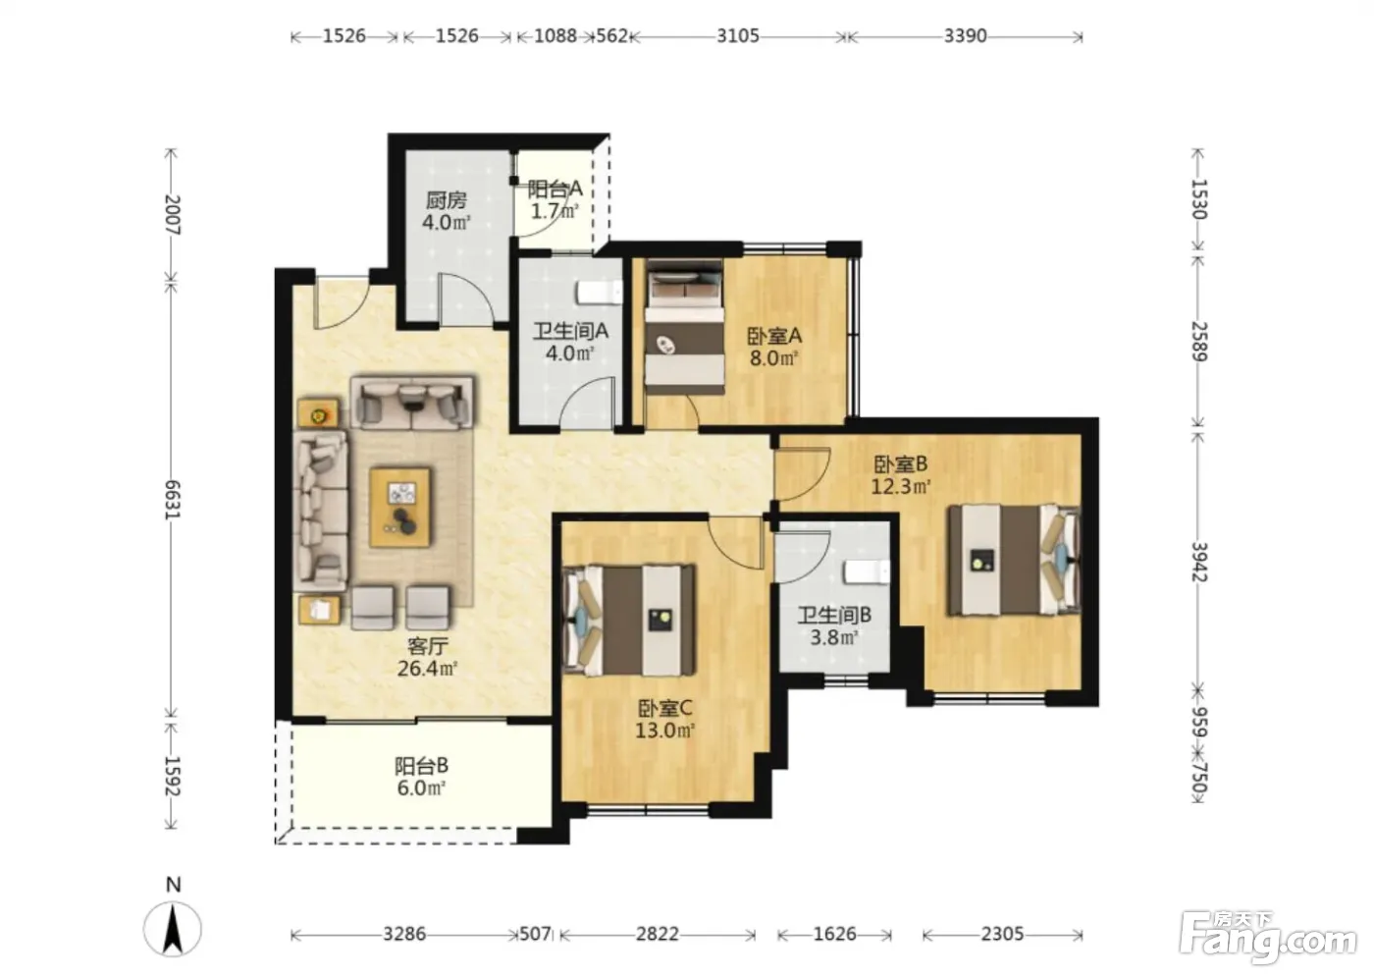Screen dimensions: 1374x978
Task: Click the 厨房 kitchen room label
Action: point(446,210)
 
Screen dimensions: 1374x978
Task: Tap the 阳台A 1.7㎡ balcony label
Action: point(555,199)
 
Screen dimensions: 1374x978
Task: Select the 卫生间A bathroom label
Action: point(570,342)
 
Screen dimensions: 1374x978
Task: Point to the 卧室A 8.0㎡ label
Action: point(774,347)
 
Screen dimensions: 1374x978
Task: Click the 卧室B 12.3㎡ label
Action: point(901,475)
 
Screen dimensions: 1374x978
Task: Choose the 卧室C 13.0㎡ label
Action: point(665,719)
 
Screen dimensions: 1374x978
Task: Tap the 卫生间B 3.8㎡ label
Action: point(834,625)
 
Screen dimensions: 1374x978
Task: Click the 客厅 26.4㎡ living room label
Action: point(428,657)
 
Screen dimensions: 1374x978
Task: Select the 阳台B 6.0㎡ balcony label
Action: point(421,777)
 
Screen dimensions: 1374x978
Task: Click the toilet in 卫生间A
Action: point(600,293)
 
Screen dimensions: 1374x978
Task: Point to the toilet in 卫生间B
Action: point(867,571)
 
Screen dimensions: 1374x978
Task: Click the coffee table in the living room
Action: point(400,507)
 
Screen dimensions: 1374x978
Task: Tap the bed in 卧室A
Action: point(683,327)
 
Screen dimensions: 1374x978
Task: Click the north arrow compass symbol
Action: point(173,927)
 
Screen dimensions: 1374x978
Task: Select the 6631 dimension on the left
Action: point(172,500)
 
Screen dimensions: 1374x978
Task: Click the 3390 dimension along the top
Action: point(966,36)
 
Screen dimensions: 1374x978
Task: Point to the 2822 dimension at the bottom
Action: point(658,934)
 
